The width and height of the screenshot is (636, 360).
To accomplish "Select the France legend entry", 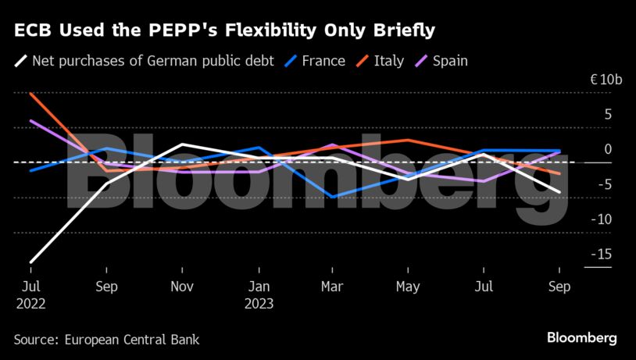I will pos(322,60).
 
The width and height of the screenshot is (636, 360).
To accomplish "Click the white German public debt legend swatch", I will pos(20,60).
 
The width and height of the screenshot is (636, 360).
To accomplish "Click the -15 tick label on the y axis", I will pos(601,254).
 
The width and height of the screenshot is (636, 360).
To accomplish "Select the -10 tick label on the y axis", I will pos(601,219).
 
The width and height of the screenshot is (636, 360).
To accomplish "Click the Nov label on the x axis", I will pos(182,287).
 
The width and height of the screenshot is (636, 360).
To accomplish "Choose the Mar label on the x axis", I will pos(333,287).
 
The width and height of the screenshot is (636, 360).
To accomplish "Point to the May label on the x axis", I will pos(409,287).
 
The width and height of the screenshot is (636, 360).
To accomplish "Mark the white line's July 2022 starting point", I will pos(30,262).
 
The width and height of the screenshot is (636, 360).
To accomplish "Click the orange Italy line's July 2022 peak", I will pos(30,94).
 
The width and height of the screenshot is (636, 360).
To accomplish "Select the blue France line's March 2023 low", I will pos(334,197).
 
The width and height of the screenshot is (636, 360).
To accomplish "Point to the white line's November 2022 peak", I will pos(182,144).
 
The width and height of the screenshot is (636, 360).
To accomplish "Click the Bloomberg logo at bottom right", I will pos(581,338).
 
